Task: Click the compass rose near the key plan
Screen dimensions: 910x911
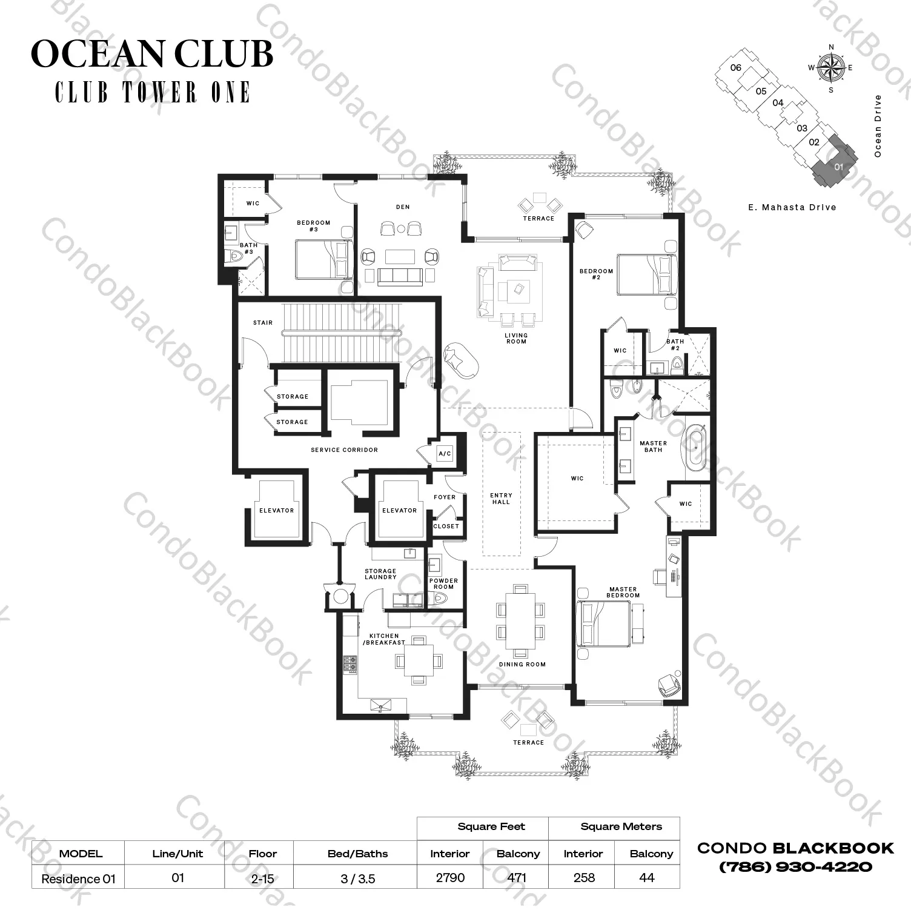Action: click(831, 67)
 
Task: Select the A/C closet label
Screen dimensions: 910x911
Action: click(445, 454)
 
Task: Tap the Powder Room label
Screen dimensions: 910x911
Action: click(443, 583)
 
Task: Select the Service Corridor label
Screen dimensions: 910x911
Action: click(344, 450)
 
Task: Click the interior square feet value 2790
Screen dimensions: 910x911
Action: click(450, 877)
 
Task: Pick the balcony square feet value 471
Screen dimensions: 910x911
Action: click(517, 877)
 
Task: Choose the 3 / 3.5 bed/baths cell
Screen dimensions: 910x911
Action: click(358, 878)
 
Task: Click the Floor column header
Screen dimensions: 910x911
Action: click(262, 854)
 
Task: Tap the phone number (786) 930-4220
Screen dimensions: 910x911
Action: click(795, 867)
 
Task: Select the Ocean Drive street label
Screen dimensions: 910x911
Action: click(878, 126)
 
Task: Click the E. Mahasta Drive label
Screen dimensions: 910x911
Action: click(792, 207)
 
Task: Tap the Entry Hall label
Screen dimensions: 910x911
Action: click(501, 499)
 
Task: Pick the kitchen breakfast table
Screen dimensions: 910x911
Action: click(418, 660)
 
